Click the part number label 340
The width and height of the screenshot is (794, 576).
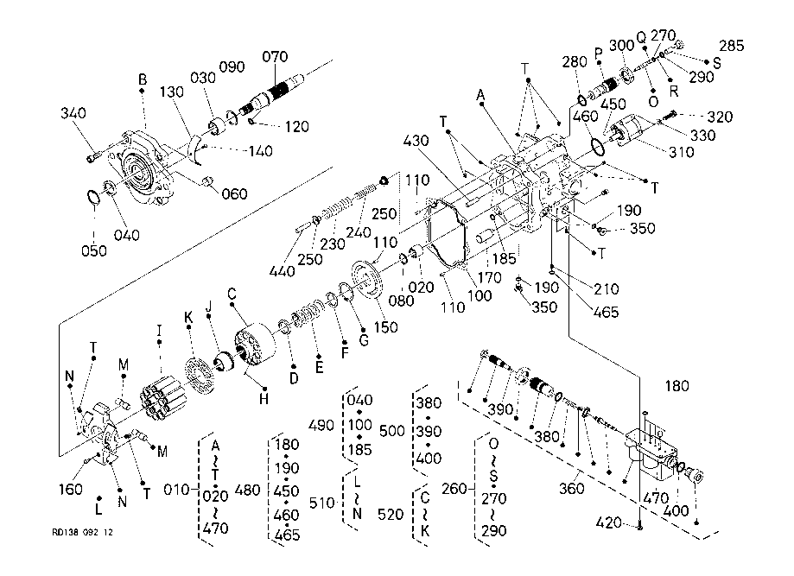point(73,113)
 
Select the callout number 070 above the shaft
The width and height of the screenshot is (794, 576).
point(275,57)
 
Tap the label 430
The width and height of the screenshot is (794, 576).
point(416,140)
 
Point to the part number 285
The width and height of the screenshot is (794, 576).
point(732,46)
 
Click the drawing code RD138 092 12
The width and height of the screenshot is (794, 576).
point(83,532)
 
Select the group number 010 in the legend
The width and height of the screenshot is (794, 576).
point(177,490)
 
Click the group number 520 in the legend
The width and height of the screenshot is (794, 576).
point(391,514)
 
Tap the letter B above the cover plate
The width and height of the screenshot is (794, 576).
point(143,79)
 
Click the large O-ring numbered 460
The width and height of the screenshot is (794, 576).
point(598,146)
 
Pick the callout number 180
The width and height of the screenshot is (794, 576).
point(677,386)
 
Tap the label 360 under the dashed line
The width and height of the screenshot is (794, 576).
point(572,489)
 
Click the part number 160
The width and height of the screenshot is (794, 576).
point(70,489)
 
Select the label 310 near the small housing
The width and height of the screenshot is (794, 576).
point(681,152)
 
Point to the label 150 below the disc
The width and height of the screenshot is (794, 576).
point(386,327)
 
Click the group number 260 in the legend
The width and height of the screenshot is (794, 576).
point(454,489)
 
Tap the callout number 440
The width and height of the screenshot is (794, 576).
point(282,271)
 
